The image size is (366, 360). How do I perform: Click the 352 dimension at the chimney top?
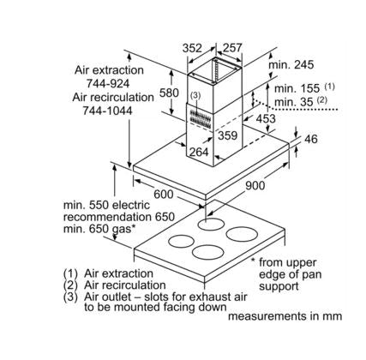coord(192,48)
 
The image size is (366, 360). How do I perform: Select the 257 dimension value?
coord(232,48)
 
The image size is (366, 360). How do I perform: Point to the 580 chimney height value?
coord(169,93)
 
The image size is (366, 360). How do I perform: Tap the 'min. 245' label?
coord(291,65)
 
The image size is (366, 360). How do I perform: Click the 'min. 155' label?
coord(297,88)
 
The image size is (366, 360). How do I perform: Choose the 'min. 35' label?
coord(294,102)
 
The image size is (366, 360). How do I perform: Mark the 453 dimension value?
coord(266,118)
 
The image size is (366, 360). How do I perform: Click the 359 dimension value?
coord(228,135)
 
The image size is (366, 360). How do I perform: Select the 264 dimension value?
coord(199,152)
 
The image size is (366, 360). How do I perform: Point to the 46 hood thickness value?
coord(311,139)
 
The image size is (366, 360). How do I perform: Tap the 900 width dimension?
coord(255,186)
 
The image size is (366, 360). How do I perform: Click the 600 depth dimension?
coord(164,195)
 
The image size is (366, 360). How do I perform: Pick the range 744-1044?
coord(108,111)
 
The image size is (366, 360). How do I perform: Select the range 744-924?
coord(108,83)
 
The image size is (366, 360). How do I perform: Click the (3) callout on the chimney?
coord(195,96)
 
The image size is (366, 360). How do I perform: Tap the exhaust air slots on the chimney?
coord(200,120)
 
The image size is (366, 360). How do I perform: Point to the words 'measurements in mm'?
coord(285,316)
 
